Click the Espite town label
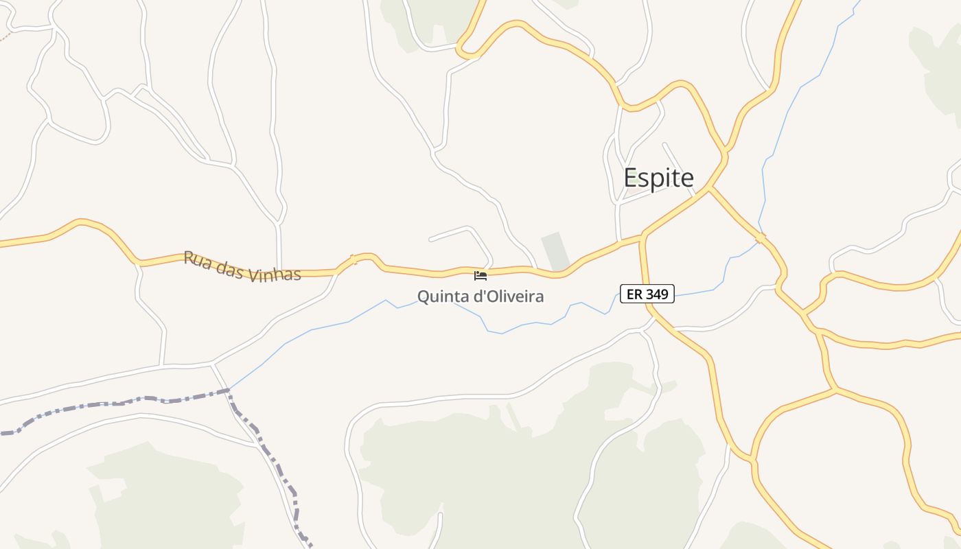tap(658, 178)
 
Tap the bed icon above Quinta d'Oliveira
tap(480, 276)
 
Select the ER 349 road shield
tap(647, 294)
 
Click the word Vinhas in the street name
tap(274, 273)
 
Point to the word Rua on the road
tap(196, 259)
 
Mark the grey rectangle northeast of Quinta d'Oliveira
tap(555, 251)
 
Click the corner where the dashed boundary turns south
tap(229, 391)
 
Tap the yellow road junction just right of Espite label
tap(708, 188)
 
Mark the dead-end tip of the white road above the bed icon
tap(430, 240)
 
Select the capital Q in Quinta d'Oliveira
tap(423, 296)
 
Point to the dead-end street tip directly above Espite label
tap(664, 144)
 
